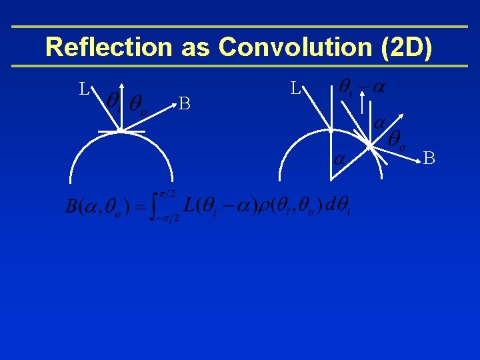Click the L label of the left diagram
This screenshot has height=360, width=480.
[x=84, y=89]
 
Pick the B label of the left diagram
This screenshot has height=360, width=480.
[x=185, y=103]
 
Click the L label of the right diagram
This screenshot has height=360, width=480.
[x=296, y=89]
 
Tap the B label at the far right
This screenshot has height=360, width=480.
[x=429, y=158]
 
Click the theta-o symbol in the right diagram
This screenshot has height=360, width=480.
[x=398, y=139]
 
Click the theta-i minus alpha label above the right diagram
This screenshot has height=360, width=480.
[x=364, y=87]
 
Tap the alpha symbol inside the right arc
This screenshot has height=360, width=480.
[x=340, y=159]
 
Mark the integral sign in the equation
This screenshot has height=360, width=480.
[x=157, y=206]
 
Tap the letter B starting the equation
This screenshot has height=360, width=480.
[x=71, y=207]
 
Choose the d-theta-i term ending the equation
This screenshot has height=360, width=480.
[x=339, y=207]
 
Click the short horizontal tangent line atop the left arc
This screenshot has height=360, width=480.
[x=121, y=132]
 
